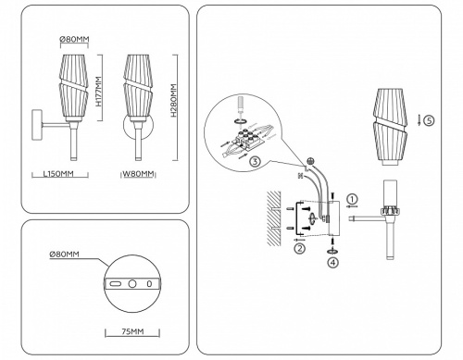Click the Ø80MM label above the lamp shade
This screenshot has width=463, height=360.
point(74,39)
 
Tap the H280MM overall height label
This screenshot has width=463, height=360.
point(174,105)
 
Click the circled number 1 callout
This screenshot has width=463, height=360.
point(353,199)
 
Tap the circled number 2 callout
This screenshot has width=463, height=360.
point(299,248)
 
